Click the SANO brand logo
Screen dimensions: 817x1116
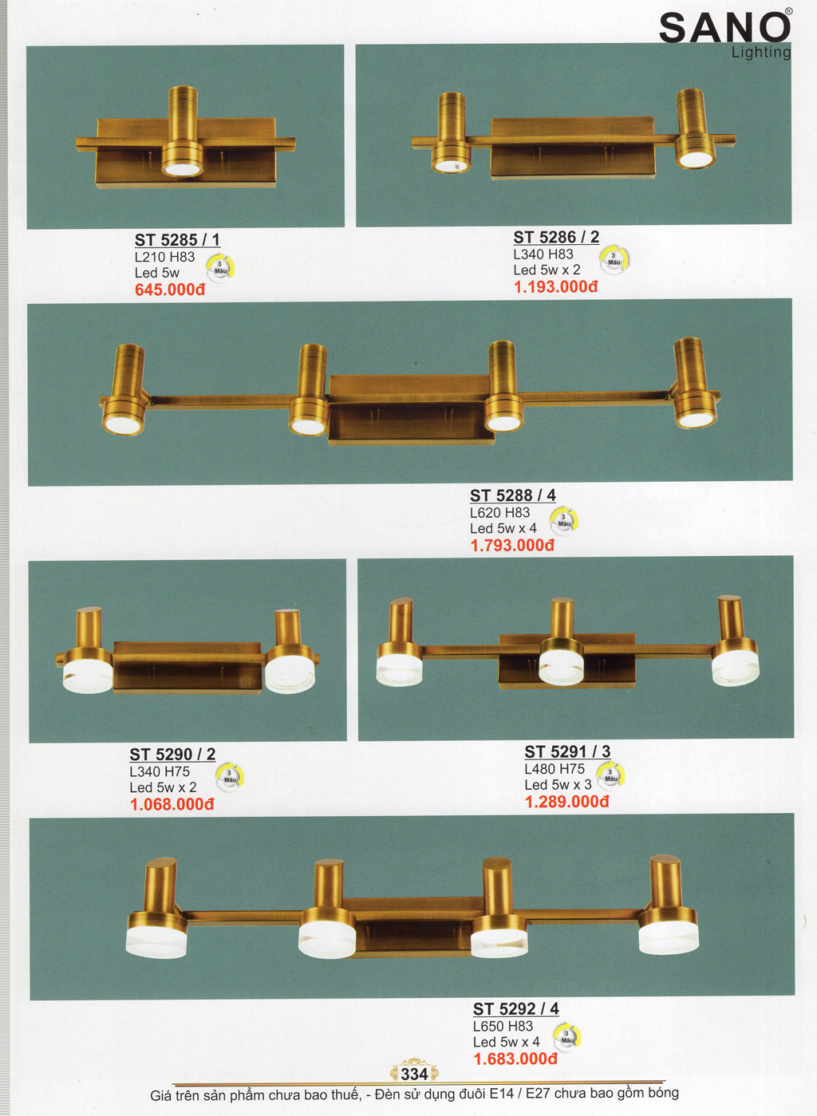pyautogui.click(x=724, y=33)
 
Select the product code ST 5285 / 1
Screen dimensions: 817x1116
pyautogui.click(x=177, y=240)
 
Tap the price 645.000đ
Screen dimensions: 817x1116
pyautogui.click(x=170, y=290)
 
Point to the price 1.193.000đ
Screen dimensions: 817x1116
pyautogui.click(x=555, y=286)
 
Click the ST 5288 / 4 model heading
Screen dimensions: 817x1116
pyautogui.click(x=512, y=495)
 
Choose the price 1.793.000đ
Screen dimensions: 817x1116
pyautogui.click(x=512, y=545)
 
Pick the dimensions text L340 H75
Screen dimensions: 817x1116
pyautogui.click(x=160, y=771)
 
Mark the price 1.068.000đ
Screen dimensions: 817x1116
pyautogui.click(x=172, y=804)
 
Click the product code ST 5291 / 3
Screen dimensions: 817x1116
pyautogui.click(x=567, y=751)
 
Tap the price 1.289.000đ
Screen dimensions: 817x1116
pyautogui.click(x=567, y=801)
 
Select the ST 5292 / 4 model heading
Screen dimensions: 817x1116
pyautogui.click(x=516, y=1009)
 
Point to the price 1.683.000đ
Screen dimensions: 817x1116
pyautogui.click(x=515, y=1059)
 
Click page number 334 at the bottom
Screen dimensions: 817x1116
pyautogui.click(x=414, y=1075)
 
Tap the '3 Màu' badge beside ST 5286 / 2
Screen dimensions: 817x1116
pyautogui.click(x=614, y=259)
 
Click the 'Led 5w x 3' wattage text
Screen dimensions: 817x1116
pyautogui.click(x=558, y=785)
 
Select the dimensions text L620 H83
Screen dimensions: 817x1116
pyautogui.click(x=499, y=512)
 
